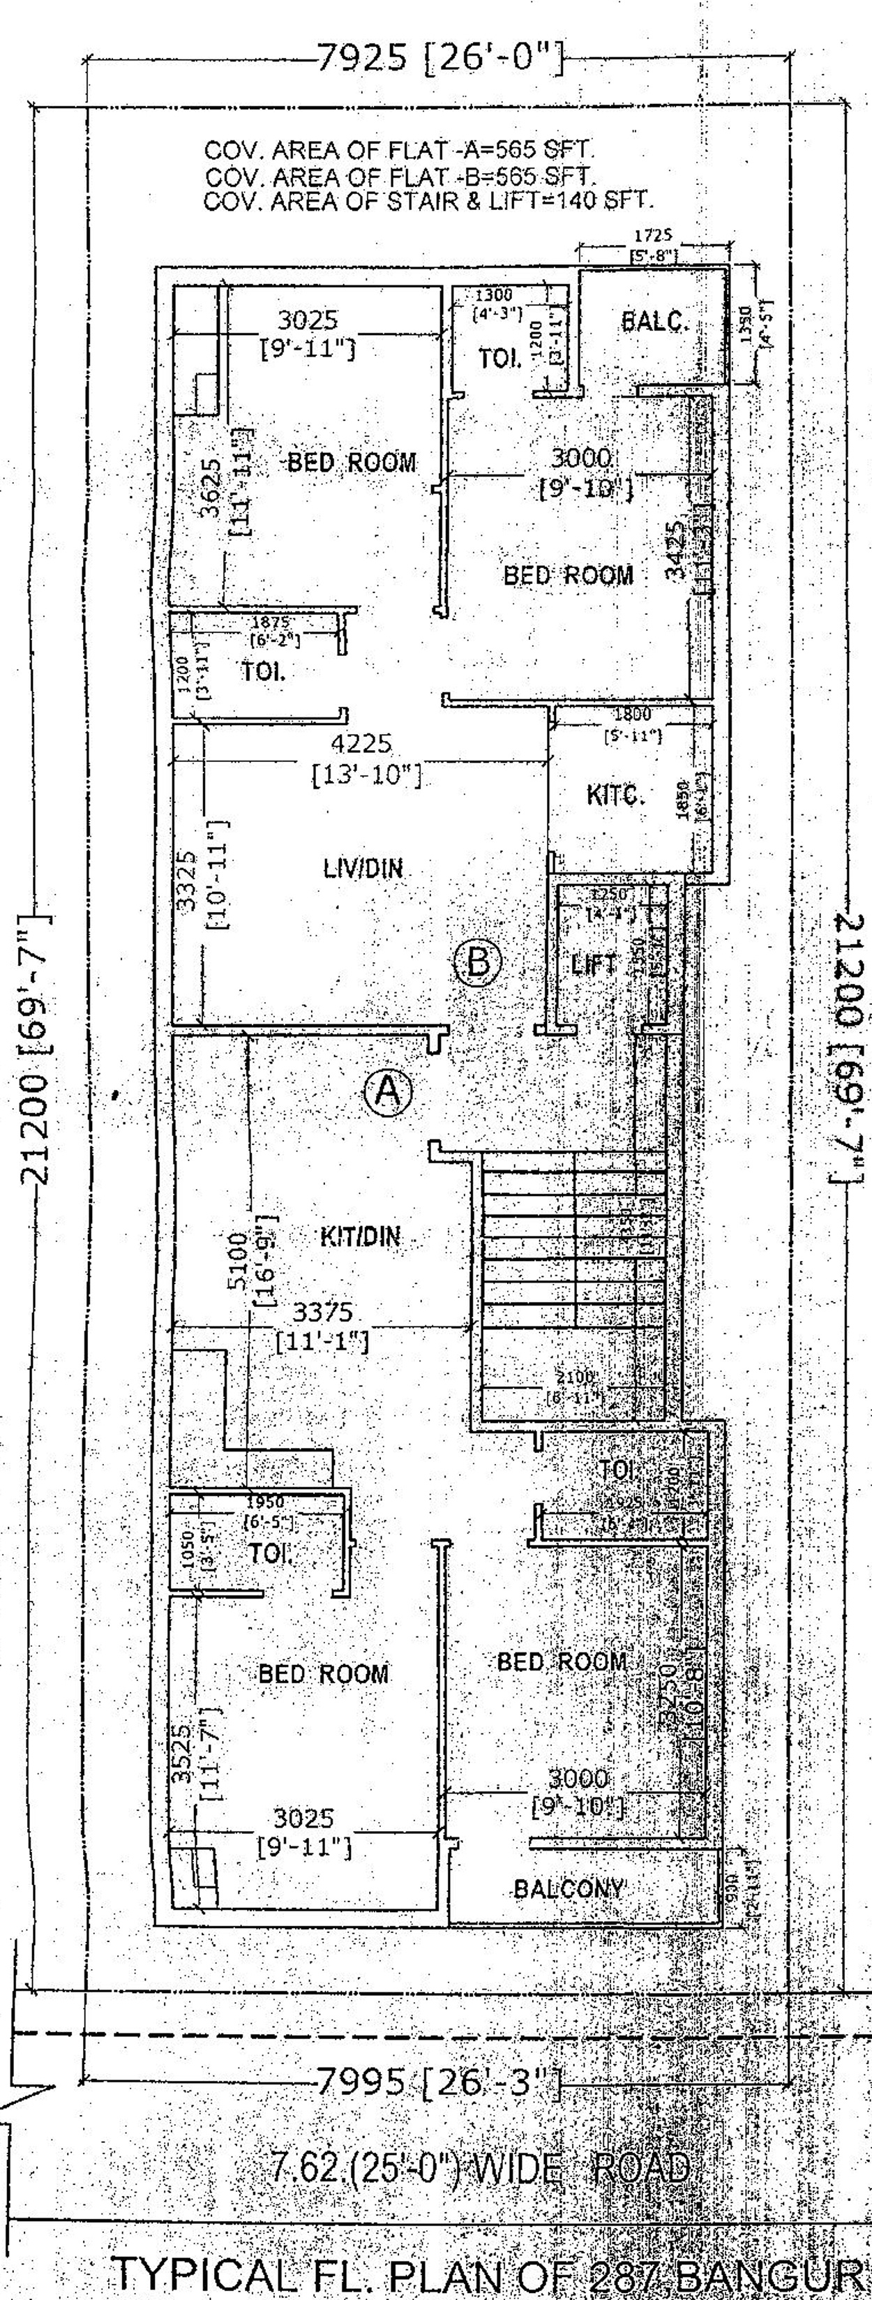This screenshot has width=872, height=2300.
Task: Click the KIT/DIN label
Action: pos(360,1237)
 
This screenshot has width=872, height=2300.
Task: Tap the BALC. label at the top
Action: pos(655,322)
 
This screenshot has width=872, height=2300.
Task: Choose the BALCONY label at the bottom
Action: pos(568,1888)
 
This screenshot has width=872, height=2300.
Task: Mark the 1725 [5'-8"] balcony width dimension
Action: pos(654,246)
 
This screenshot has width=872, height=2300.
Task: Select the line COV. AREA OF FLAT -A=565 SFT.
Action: pos(400,148)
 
